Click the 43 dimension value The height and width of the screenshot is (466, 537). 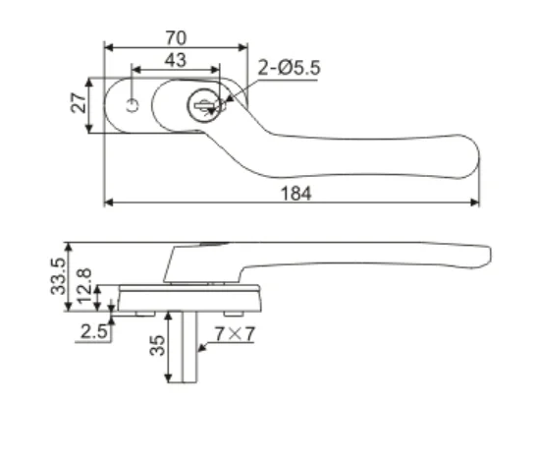[x=176, y=60]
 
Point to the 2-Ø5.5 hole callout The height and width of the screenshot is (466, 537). [x=289, y=68]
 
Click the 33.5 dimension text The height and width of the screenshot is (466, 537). [x=58, y=277]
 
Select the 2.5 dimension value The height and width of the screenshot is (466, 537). [x=93, y=331]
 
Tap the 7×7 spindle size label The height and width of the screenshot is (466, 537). [x=236, y=334]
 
